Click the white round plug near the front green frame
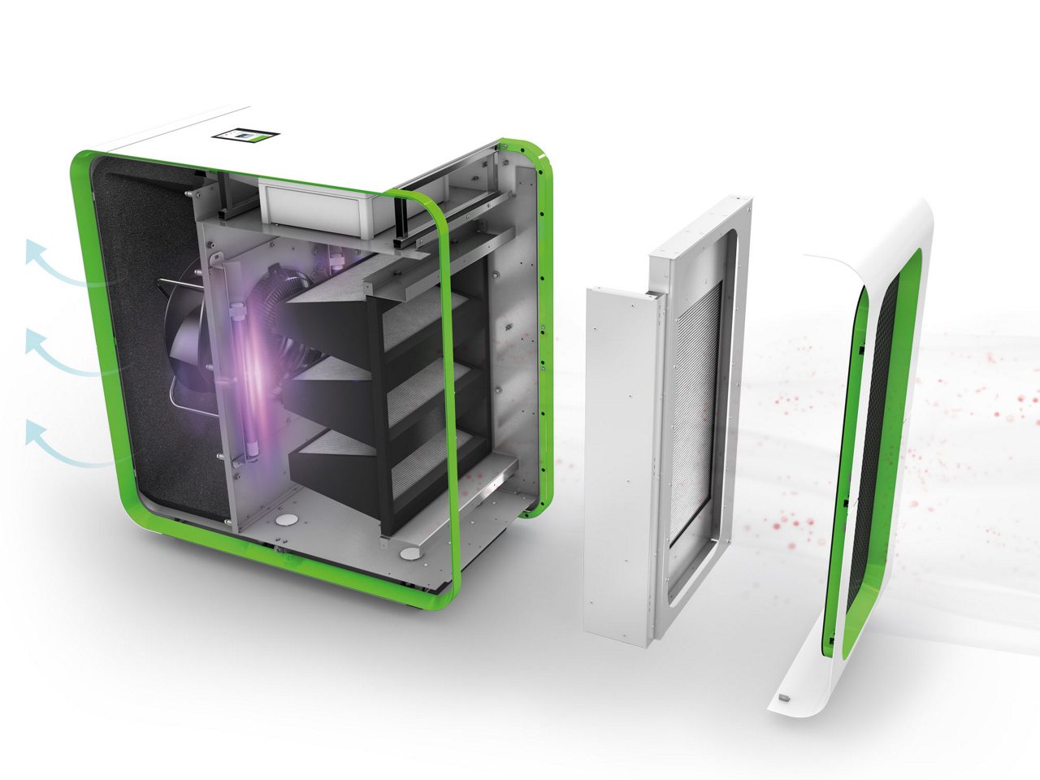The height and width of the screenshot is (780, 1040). [x=411, y=553]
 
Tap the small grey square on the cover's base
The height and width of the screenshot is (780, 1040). [x=783, y=697]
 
